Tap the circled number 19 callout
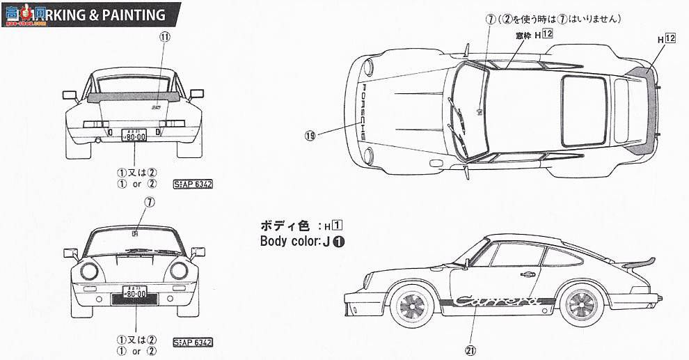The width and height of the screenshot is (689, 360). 310,136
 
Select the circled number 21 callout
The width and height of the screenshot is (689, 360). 470,350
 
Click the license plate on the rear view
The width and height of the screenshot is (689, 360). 134,136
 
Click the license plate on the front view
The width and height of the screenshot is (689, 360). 135,293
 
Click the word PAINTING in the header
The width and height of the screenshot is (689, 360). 128,15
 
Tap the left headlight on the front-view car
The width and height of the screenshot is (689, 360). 91,272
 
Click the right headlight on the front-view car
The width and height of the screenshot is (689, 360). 179,272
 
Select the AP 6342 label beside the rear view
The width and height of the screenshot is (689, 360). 193,185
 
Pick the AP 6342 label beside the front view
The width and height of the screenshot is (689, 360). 193,341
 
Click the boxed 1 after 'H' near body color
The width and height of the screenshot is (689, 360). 337,226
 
